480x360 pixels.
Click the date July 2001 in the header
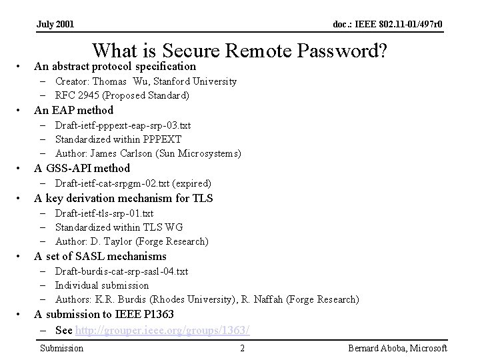coord(55,25)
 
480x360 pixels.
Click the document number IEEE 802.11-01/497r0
coord(387,25)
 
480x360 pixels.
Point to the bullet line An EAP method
coord(74,110)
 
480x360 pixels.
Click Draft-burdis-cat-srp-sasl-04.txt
coord(121,271)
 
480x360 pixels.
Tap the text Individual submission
coord(102,285)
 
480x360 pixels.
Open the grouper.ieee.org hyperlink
coord(163,330)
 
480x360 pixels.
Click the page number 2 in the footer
coord(243,348)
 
